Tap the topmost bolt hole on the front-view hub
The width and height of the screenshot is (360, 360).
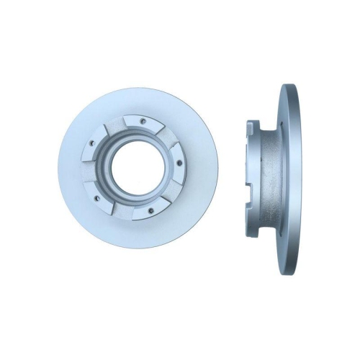(x=143, y=121)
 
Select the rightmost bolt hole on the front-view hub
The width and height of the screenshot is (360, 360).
(x=179, y=163)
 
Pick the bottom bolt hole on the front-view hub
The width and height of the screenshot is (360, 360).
(x=150, y=210)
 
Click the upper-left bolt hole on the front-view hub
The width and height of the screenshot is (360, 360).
(x=92, y=143)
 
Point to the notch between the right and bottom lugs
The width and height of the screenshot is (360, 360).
(x=173, y=192)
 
